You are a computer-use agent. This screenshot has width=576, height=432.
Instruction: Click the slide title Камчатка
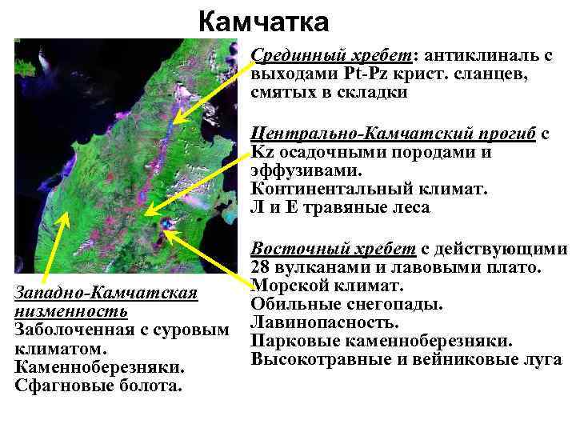click(x=262, y=22)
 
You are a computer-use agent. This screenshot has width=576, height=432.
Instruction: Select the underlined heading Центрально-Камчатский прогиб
click(x=392, y=134)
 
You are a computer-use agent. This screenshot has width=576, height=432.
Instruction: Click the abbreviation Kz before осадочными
click(x=261, y=153)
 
